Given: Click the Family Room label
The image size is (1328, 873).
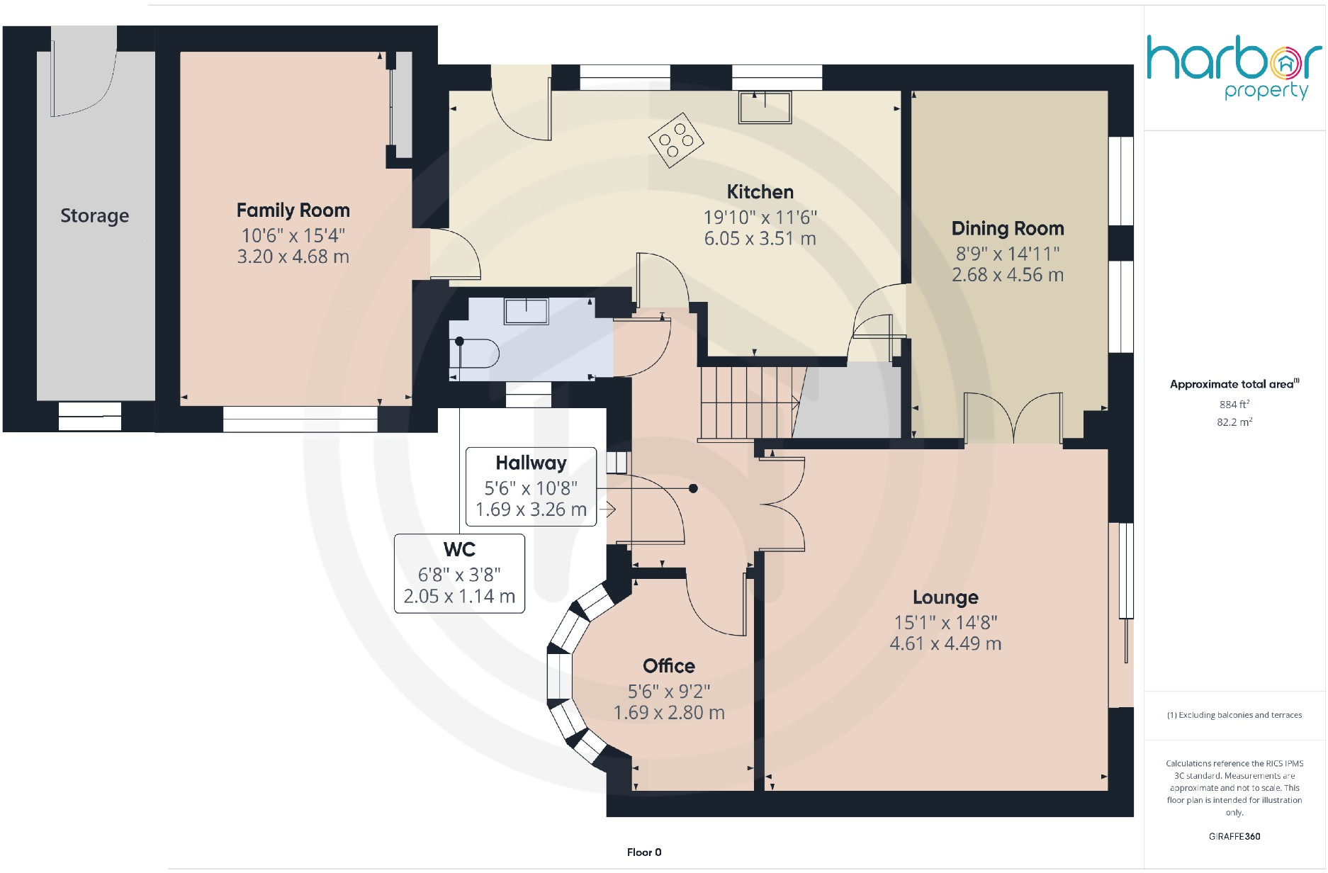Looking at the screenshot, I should [293, 210].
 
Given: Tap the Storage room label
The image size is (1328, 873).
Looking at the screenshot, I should [94, 215].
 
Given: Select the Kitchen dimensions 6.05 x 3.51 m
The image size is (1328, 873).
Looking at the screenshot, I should [760, 239].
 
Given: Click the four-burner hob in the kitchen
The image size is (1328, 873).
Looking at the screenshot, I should [676, 140].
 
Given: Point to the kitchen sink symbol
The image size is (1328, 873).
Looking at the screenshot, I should [765, 108].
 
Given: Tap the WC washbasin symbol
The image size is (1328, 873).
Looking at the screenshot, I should [526, 311].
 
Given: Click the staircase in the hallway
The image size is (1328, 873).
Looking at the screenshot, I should [748, 402].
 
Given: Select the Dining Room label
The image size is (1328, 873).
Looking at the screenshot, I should [1007, 228].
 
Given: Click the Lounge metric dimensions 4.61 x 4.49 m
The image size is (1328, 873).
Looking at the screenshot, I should [945, 643].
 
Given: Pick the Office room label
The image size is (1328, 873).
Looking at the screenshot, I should [668, 666].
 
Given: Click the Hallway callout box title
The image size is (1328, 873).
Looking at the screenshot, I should [531, 463].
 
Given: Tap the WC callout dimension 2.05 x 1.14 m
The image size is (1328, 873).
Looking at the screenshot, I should [459, 597].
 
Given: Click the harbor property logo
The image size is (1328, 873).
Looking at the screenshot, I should [1233, 68].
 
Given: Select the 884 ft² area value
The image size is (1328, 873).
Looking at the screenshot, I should [1234, 405].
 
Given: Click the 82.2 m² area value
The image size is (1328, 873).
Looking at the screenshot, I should [1234, 422].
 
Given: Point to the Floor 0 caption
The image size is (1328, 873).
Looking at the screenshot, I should [643, 852].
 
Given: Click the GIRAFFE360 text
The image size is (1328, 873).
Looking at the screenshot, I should [1234, 836].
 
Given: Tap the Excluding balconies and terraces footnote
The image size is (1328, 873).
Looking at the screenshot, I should [1234, 715].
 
